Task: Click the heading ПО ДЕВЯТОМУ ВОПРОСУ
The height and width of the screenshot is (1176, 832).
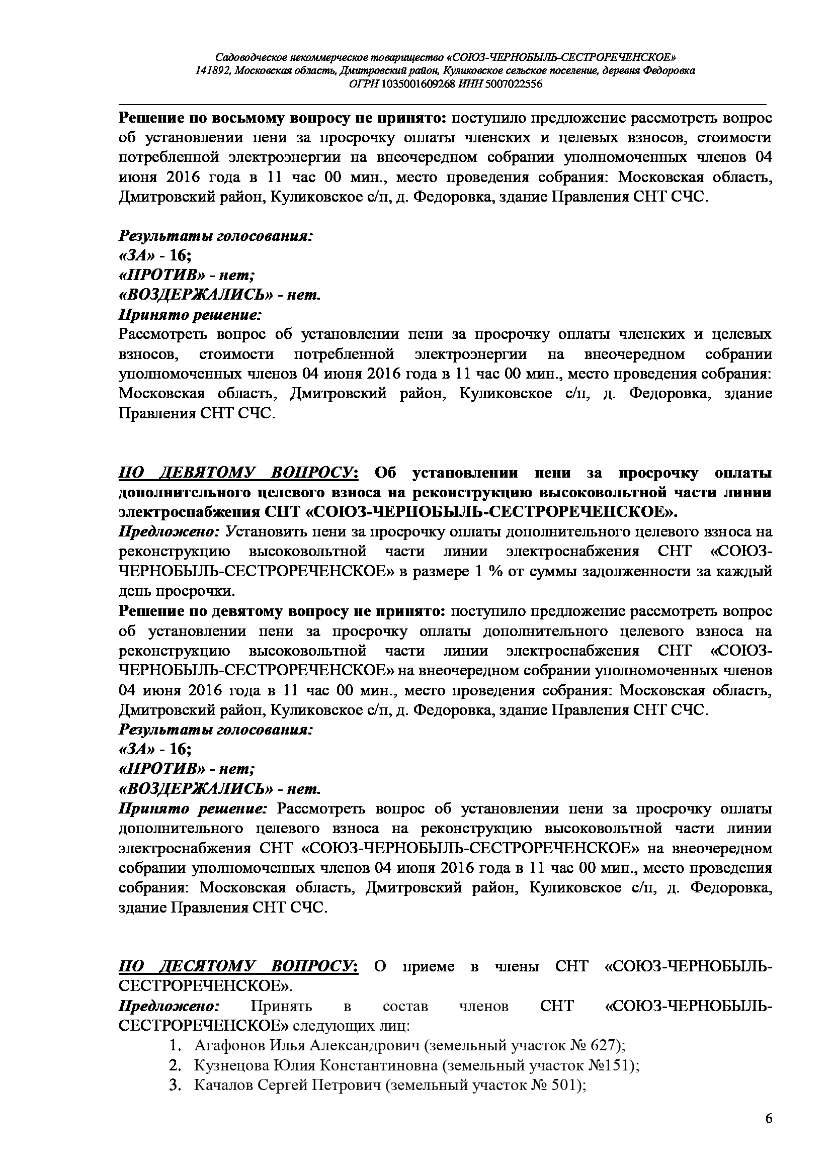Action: click(238, 473)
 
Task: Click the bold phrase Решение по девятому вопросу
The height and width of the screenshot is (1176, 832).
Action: click(282, 611)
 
